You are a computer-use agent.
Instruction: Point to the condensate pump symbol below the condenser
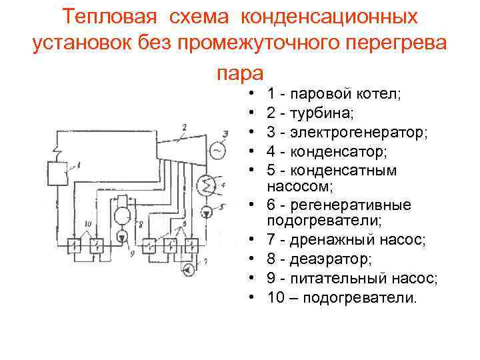pos(206,212)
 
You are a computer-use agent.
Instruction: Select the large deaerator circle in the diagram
pos(124,215)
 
